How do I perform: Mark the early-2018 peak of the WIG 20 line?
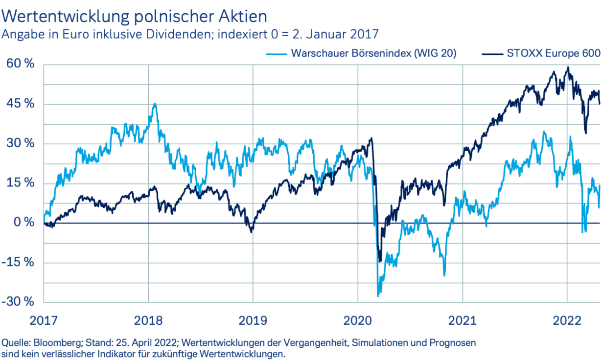tap(155, 104)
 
